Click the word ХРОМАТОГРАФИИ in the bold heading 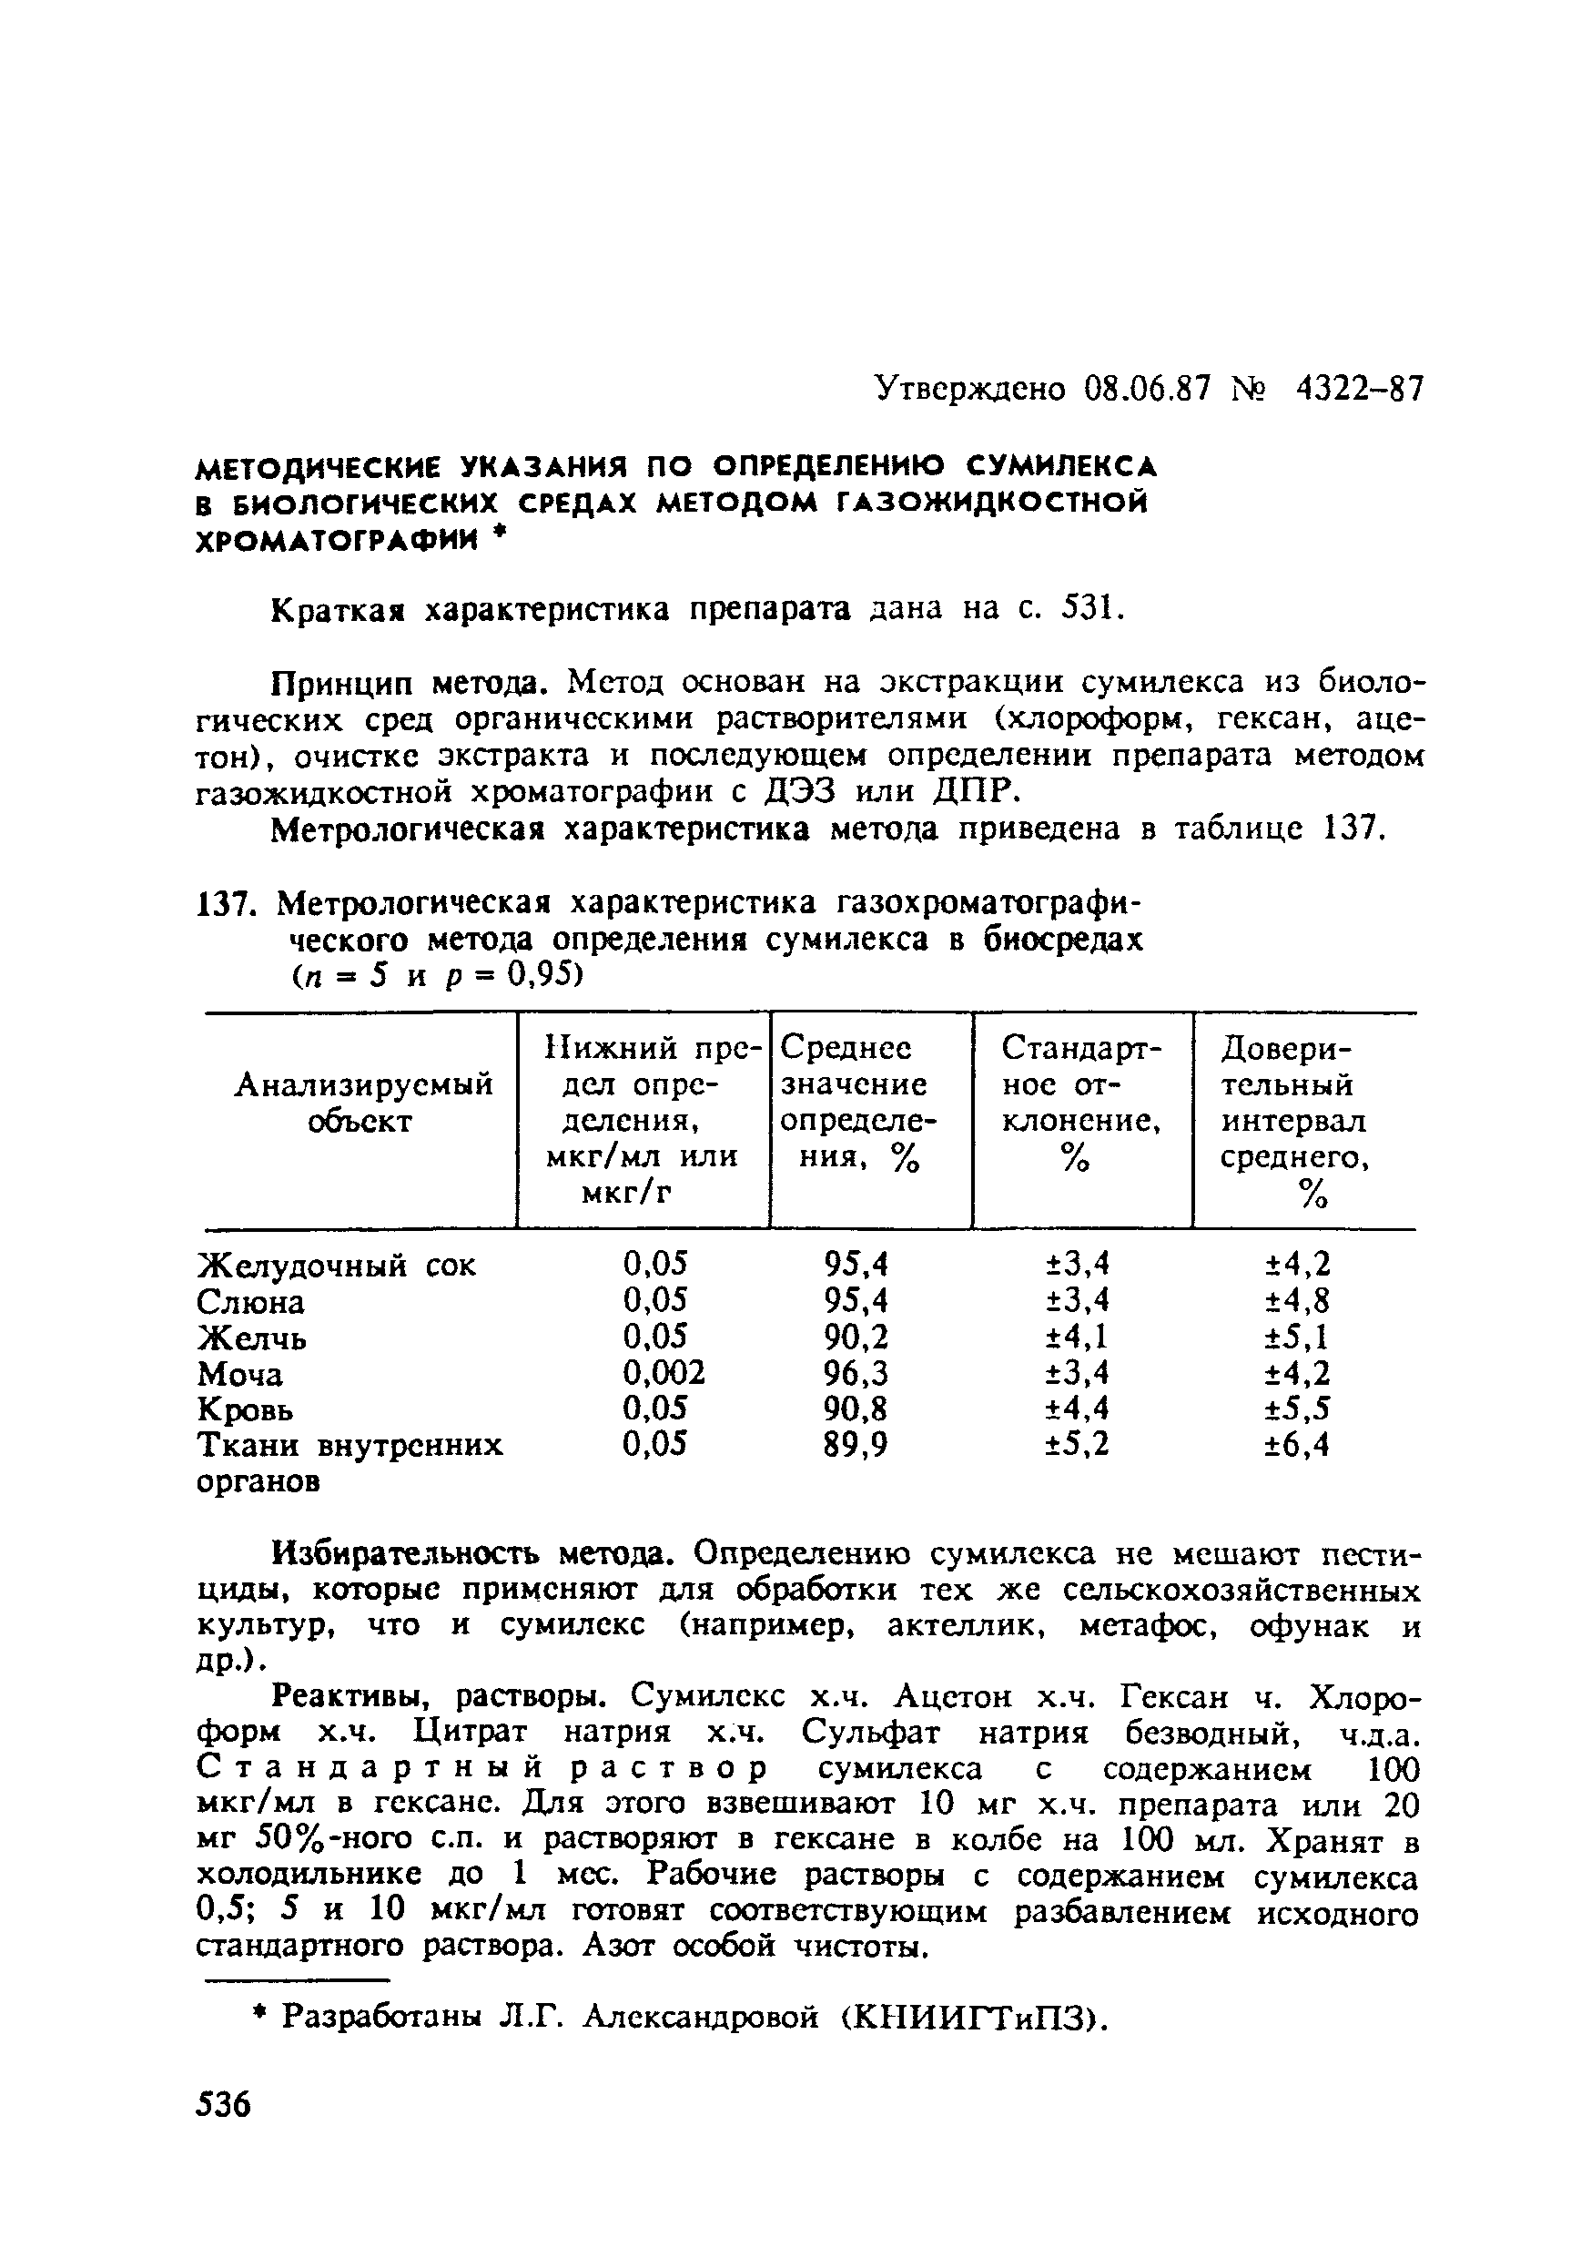340,540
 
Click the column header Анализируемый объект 363,1103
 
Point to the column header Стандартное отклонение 1080,1103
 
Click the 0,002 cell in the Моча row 664,1373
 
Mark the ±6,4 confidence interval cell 1296,1445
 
